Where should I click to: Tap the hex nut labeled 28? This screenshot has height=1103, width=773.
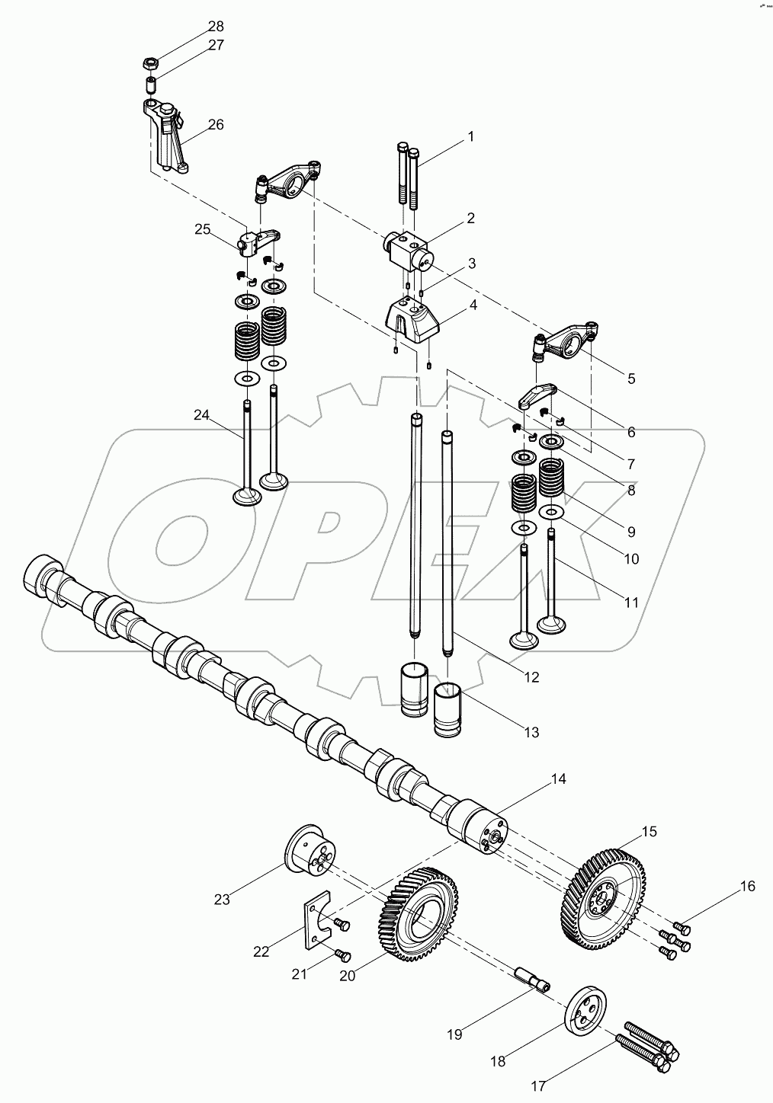[x=151, y=62]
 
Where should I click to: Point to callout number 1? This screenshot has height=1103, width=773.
[x=470, y=137]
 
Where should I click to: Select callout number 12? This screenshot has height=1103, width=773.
[x=531, y=676]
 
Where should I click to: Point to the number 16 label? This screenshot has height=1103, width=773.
[x=747, y=886]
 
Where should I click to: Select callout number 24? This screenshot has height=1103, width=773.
[x=201, y=416]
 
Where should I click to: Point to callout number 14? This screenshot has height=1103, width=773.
[x=559, y=779]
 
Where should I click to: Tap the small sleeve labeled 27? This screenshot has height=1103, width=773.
[x=150, y=82]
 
